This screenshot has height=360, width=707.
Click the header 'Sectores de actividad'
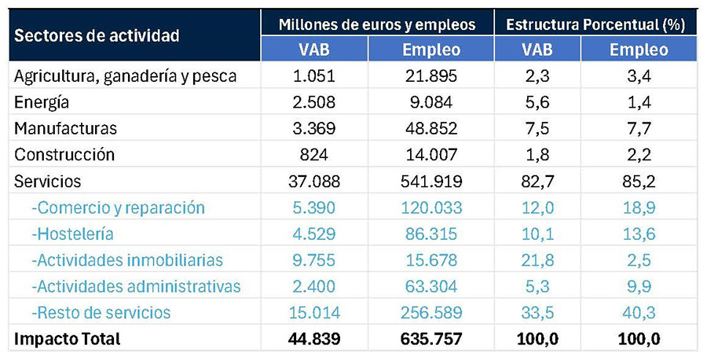click(97, 35)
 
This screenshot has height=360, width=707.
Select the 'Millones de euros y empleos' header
click(377, 24)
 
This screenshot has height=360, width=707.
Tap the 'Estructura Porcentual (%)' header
click(595, 24)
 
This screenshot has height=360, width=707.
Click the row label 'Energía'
click(42, 103)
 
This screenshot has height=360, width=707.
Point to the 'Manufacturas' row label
click(65, 129)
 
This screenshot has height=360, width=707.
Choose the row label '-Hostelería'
click(72, 233)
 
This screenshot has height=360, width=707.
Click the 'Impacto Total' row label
click(68, 339)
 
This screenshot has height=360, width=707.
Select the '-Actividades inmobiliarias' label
click(127, 260)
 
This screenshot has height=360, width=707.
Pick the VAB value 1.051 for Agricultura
click(313, 75)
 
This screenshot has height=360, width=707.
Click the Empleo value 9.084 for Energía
click(431, 102)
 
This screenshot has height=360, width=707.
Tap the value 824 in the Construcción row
click(313, 155)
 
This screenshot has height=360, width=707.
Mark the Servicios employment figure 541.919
click(431, 181)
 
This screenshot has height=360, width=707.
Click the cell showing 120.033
click(431, 208)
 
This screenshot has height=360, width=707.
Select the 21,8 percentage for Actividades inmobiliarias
click(537, 260)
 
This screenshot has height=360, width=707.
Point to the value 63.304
click(431, 286)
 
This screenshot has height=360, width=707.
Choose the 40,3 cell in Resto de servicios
click(639, 313)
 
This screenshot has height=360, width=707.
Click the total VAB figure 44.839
click(313, 339)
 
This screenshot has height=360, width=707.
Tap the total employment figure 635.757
click(431, 339)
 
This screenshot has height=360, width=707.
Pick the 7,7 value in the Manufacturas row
click(639, 129)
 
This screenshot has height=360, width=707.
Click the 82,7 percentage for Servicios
click(537, 181)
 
